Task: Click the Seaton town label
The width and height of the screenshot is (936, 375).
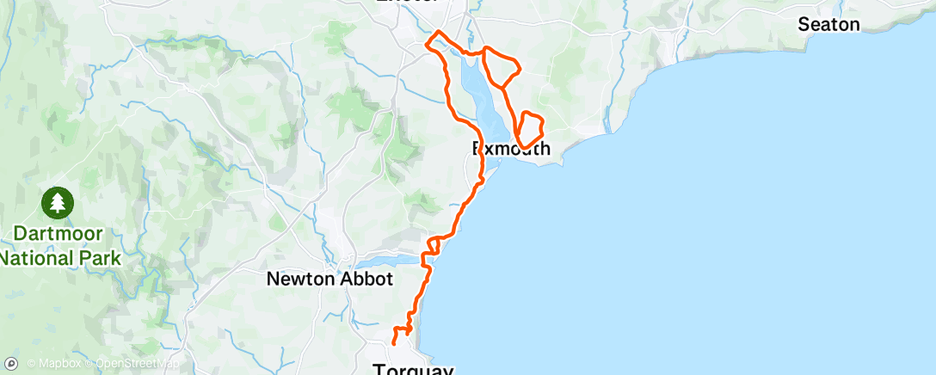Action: pos(828,24)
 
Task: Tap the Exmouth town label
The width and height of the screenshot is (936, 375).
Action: pos(511,149)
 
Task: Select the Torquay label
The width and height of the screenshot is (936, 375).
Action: pos(412,369)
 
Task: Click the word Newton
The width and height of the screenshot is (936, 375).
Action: pos(298,279)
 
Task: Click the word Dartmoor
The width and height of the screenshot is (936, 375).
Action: pos(57,233)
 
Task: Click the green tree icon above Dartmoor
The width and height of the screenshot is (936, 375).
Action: pos(57,203)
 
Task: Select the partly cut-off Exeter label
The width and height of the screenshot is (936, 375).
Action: pos(409,3)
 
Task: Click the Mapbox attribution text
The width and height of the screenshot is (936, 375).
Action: pos(58,364)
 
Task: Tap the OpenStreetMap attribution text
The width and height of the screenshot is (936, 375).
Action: pos(130,364)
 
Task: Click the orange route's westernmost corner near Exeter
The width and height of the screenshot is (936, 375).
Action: pos(427,44)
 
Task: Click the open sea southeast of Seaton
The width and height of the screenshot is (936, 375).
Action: pos(817,172)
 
